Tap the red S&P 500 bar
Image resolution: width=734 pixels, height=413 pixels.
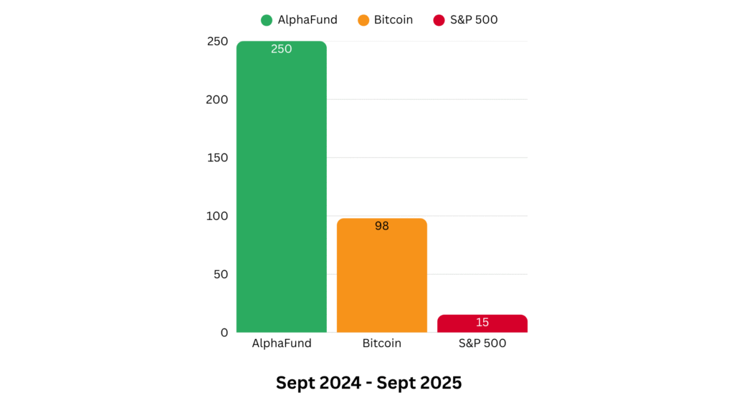click(482, 323)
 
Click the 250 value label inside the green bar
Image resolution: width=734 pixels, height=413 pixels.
click(281, 49)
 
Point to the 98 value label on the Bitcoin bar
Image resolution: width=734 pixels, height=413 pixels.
click(381, 226)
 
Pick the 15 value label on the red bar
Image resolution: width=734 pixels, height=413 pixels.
click(482, 323)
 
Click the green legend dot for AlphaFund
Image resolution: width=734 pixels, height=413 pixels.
click(267, 20)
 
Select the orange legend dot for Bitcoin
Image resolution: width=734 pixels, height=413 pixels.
click(363, 20)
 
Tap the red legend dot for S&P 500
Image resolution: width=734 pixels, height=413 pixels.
click(439, 20)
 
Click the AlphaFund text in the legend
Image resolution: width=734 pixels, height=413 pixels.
click(308, 20)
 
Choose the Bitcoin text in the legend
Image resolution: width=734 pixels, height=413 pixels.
click(394, 20)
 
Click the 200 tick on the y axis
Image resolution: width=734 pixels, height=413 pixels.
click(216, 100)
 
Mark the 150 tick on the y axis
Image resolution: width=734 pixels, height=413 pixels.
click(216, 158)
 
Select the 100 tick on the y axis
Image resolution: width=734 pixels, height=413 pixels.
click(216, 216)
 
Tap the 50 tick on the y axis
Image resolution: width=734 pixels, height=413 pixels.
click(219, 274)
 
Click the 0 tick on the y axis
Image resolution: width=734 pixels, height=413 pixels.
click(224, 333)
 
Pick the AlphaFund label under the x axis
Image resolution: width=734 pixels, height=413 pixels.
click(281, 343)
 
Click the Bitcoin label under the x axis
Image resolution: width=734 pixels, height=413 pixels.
click(381, 343)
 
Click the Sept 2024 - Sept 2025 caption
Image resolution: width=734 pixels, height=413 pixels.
click(368, 383)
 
